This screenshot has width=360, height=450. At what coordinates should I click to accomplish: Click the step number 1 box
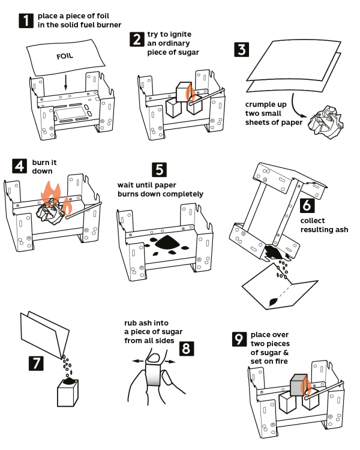[x=26, y=20]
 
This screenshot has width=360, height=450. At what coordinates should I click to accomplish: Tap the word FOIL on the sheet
[x=65, y=56]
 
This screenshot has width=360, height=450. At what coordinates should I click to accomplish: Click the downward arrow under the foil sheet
[x=66, y=83]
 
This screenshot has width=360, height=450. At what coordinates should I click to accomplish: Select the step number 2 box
[x=137, y=40]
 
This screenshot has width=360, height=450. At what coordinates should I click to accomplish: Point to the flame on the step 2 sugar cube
[x=190, y=92]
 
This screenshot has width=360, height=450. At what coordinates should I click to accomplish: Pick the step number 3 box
[x=241, y=49]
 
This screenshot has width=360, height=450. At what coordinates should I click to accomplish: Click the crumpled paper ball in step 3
[x=326, y=122]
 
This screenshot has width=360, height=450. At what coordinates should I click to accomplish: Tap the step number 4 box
[x=19, y=166]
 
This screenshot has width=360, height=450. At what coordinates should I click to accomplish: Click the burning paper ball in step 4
[x=50, y=212]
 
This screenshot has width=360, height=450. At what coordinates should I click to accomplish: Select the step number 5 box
[x=160, y=170]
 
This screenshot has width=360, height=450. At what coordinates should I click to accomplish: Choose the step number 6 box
[x=307, y=205]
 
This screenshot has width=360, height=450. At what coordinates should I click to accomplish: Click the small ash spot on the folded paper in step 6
[x=273, y=302]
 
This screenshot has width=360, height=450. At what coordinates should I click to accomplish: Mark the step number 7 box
[x=36, y=363]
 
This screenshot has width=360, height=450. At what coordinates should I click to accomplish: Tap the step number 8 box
[x=187, y=349]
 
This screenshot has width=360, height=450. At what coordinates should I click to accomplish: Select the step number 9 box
[x=239, y=339]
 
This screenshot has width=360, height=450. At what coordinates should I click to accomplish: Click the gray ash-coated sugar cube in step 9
[x=299, y=385]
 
